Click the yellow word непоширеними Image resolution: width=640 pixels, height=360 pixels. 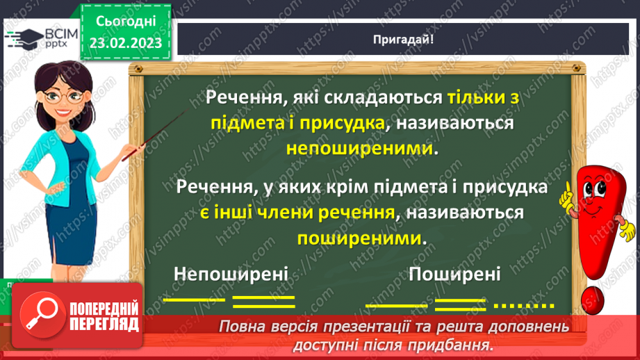click(x=362, y=149)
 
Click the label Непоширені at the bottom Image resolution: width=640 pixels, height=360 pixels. click(x=231, y=274)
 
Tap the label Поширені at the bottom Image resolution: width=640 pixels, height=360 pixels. click(x=454, y=274)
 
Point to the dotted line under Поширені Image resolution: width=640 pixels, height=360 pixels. click(x=523, y=305)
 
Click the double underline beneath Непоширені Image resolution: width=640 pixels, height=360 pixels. click(x=263, y=302)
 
